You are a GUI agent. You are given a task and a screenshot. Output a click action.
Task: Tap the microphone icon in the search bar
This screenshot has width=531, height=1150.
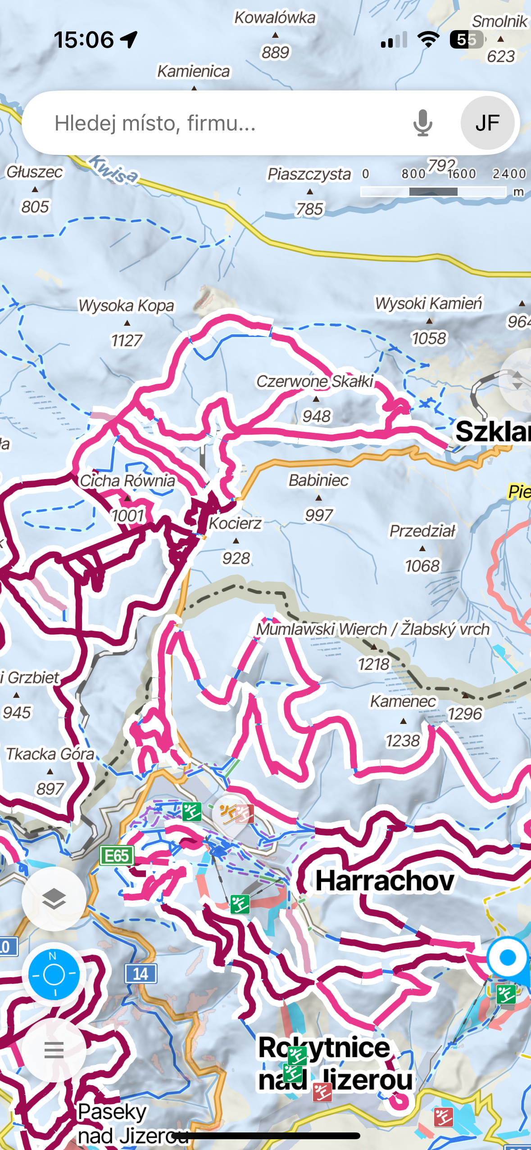tap(422, 123)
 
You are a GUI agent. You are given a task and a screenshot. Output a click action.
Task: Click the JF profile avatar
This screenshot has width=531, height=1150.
tap(487, 123)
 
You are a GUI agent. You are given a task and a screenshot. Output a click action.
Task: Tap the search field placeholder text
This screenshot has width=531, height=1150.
tap(155, 123)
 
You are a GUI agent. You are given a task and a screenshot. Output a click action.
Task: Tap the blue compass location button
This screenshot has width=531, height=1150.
tap(54, 974)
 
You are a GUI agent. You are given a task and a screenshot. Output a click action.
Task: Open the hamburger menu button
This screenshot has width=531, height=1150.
tap(54, 1050)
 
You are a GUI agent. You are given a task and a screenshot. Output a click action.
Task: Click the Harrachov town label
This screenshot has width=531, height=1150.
tap(384, 881)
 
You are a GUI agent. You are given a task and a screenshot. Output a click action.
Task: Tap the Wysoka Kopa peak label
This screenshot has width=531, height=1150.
tap(126, 305)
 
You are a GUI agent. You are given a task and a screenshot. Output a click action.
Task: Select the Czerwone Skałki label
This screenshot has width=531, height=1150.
tap(315, 382)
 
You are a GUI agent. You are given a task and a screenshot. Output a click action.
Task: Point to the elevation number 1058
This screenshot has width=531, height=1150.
tap(429, 338)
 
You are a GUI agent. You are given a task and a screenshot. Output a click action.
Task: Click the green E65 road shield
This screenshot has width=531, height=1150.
tap(117, 855)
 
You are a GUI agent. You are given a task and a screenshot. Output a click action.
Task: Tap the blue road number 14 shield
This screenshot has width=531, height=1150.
tap(141, 974)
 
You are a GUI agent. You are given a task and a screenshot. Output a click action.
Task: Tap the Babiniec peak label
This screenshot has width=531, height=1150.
tap(318, 481)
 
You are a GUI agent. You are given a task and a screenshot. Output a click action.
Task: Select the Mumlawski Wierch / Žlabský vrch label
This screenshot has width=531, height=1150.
tap(372, 629)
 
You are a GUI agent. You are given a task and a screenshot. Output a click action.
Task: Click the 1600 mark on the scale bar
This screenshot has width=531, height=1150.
tap(462, 174)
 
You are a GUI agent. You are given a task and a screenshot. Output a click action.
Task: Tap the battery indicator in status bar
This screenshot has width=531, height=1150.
tap(467, 40)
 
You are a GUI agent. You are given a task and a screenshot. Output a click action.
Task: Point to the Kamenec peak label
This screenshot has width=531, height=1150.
tap(403, 701)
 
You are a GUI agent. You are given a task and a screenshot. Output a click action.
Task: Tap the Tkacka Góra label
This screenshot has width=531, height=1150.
tap(50, 754)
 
